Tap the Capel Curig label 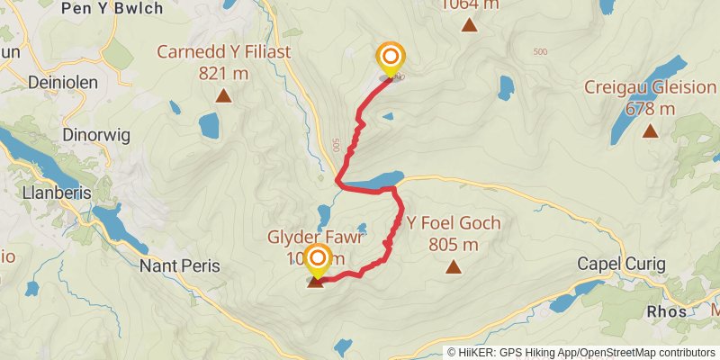(621, 264)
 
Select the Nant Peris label (179, 265)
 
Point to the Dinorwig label (90, 134)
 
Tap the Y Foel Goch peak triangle (453, 266)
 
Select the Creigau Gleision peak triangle (650, 131)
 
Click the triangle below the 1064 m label (469, 24)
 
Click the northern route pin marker (391, 60)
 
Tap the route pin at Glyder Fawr (317, 262)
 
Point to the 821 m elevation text (223, 73)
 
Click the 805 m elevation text (454, 244)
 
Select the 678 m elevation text (650, 109)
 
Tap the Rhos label (667, 311)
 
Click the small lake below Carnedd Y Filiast (209, 125)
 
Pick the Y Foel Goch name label (454, 223)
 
